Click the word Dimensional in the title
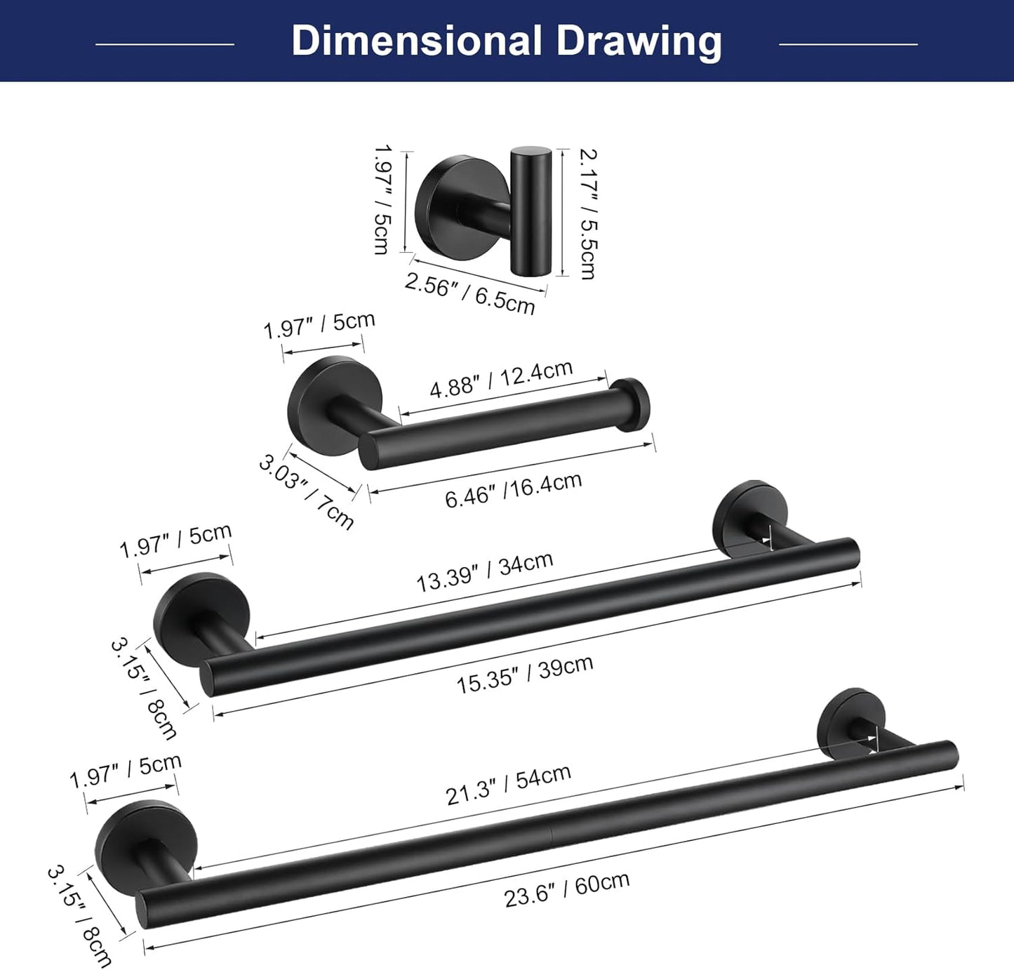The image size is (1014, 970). (x=417, y=41)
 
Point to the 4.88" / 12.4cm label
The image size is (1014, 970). (x=501, y=380)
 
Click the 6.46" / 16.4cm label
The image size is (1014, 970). (x=513, y=490)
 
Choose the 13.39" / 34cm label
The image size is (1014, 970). (x=484, y=572)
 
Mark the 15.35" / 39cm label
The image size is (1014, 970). (x=525, y=675)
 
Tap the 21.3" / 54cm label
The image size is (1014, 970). (x=508, y=785)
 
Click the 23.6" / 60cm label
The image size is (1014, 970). (x=566, y=889)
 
